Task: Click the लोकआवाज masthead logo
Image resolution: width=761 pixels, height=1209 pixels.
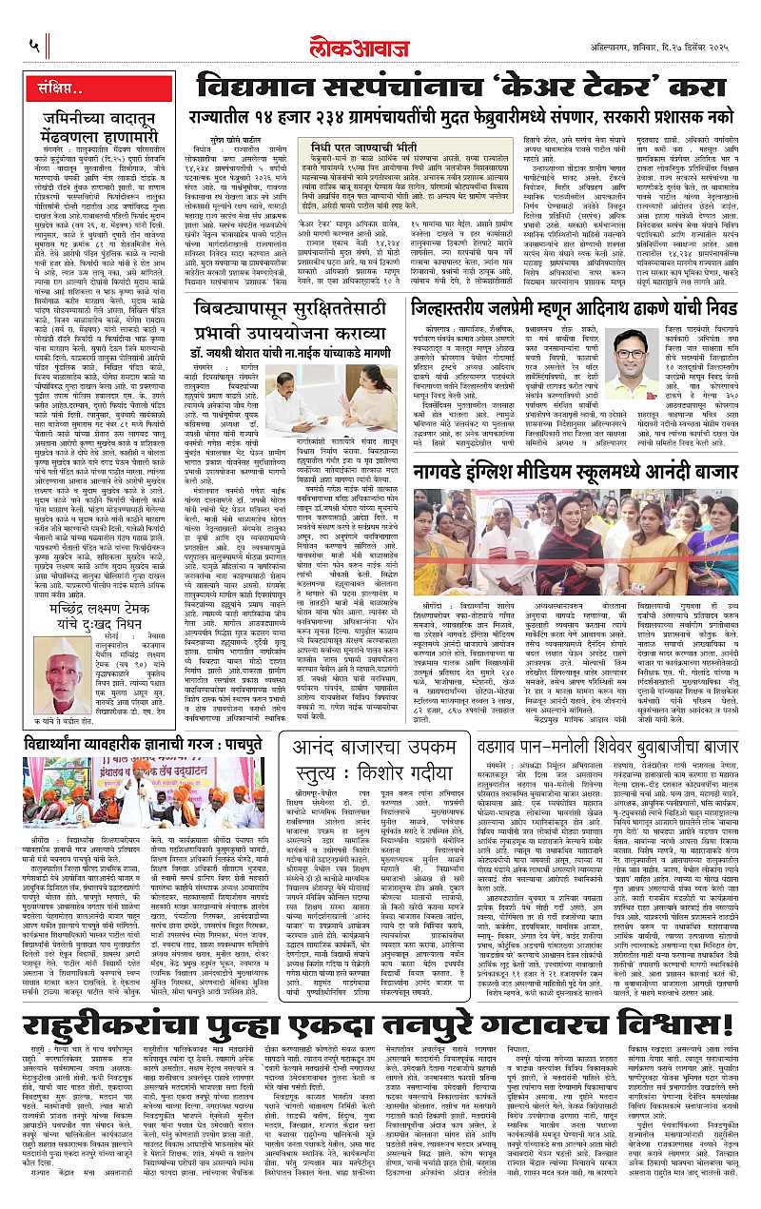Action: (380, 42)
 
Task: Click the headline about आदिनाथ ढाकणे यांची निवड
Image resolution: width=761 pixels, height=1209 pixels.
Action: (579, 309)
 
